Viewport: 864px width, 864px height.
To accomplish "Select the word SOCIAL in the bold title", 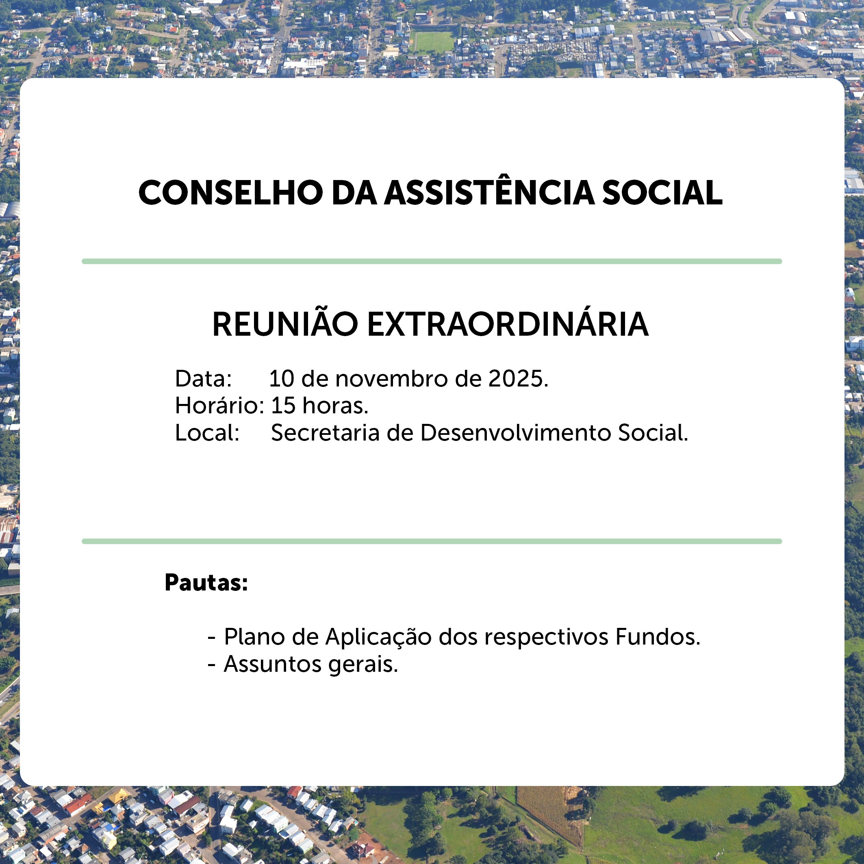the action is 662,193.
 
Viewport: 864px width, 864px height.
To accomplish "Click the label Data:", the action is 204,379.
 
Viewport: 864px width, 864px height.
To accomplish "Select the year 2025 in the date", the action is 518,379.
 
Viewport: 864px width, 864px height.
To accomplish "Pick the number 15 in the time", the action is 284,406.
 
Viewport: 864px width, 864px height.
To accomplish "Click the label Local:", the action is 207,432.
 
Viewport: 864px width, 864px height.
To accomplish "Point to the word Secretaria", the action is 325,432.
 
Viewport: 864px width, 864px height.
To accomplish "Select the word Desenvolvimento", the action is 516,432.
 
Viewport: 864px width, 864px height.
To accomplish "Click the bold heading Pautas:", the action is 206,582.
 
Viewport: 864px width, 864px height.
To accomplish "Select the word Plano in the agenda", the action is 254,637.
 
